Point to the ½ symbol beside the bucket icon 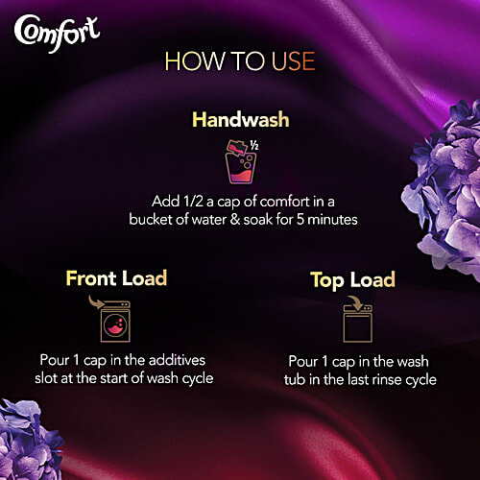[x=254, y=146]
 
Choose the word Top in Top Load [x=327, y=281]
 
